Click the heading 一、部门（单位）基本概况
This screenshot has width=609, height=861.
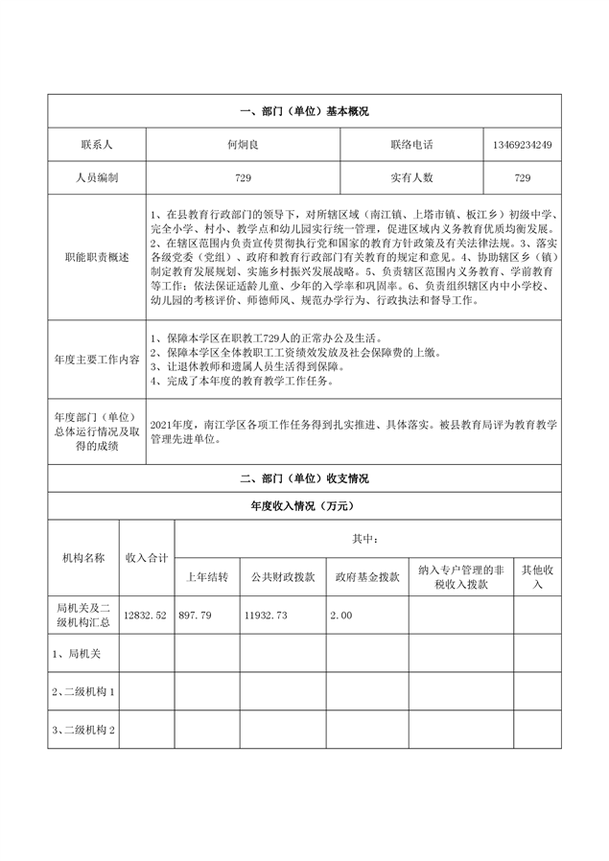coord(304,111)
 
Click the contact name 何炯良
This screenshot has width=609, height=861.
coord(243,144)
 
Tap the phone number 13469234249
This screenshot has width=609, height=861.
coord(522,144)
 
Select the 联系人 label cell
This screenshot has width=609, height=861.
coord(96,144)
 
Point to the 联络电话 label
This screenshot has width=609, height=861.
coord(412,144)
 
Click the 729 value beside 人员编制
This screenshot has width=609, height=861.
coord(243,177)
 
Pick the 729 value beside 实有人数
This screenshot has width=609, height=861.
coord(522,177)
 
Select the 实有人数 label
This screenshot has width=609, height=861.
coord(412,177)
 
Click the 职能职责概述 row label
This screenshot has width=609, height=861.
coord(96,259)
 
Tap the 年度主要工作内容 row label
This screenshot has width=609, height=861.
coord(96,359)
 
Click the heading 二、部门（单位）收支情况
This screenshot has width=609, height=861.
coord(304,477)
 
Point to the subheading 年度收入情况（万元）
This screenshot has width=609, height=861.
coord(304,505)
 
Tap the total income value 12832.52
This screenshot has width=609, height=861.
coord(146,615)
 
